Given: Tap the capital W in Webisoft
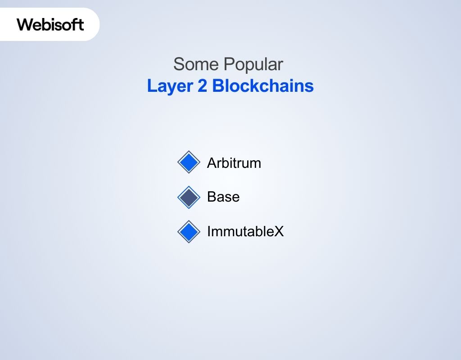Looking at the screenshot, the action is tap(25, 24).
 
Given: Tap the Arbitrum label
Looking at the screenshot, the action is tap(234, 163).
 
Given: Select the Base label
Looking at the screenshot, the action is tap(223, 197).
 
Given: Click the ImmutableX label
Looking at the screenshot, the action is tap(245, 232).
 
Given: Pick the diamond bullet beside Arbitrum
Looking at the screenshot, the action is tap(188, 162).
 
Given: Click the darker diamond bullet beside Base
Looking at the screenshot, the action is tap(188, 197).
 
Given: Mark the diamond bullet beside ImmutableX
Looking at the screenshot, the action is tap(188, 232).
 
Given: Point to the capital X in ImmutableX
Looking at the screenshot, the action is tap(280, 232).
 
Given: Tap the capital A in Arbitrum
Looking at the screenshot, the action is tap(212, 163).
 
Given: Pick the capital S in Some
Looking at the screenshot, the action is tap(179, 64).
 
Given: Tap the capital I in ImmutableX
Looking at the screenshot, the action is tap(209, 232).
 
